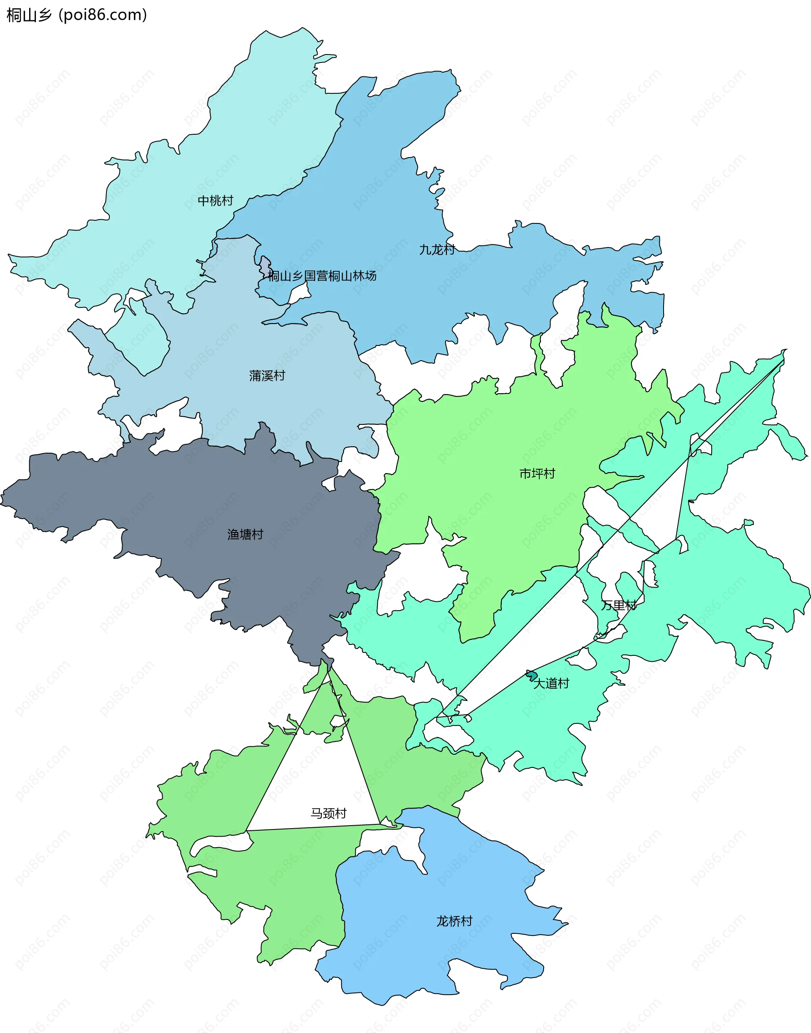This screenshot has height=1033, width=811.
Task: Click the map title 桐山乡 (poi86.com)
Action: [x=76, y=15]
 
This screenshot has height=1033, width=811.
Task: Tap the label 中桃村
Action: [x=215, y=201]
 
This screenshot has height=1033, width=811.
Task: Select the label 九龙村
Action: [x=437, y=250]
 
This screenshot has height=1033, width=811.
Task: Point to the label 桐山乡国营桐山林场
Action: [x=322, y=276]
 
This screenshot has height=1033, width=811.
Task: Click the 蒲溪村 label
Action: [x=267, y=376]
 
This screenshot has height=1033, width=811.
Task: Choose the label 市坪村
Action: [x=537, y=474]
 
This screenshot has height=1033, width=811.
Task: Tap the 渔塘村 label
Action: [x=245, y=535]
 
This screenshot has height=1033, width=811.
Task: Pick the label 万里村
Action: [x=619, y=605]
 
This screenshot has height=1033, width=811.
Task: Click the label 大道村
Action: [x=551, y=684]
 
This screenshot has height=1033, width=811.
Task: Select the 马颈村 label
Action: [x=329, y=814]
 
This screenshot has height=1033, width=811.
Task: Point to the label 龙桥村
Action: [x=454, y=922]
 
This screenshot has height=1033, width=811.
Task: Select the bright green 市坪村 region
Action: [x=498, y=427]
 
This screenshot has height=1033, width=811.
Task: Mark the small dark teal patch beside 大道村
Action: [x=532, y=675]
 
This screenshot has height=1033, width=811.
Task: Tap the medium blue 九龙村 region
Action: [x=380, y=214]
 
